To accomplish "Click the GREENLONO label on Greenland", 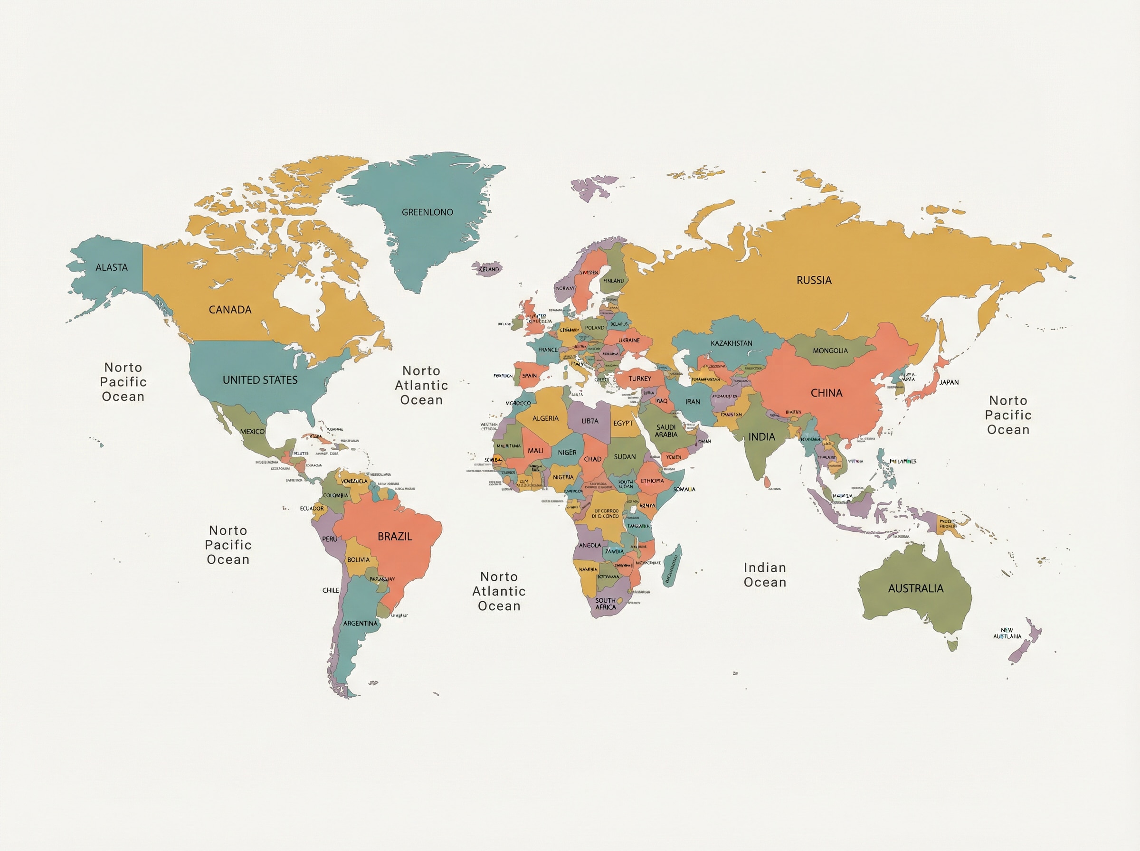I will [x=427, y=212].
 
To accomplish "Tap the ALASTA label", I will [x=111, y=267].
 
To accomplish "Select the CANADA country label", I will [x=230, y=310].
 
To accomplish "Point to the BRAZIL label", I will [x=395, y=537].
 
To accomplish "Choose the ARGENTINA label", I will [x=360, y=624].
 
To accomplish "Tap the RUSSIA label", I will [x=814, y=280].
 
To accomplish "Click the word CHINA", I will [x=826, y=393].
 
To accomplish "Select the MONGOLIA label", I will [x=830, y=351].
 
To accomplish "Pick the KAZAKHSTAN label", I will [x=731, y=343].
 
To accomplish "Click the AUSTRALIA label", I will [x=915, y=588].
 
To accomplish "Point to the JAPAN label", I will [x=949, y=382].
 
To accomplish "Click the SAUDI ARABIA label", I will [x=665, y=431].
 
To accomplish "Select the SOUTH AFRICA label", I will [x=605, y=604].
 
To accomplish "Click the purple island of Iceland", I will [x=487, y=269].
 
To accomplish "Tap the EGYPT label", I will [x=623, y=423].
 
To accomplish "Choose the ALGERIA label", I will [x=545, y=418].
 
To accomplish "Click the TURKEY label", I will [x=639, y=378].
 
